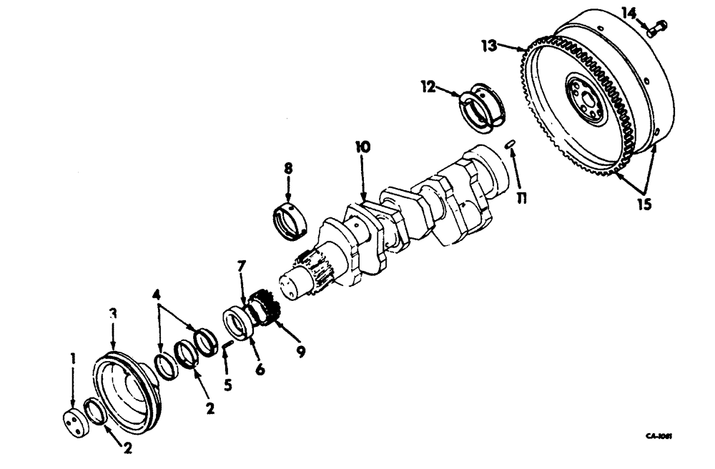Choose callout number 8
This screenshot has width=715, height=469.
(x=287, y=171)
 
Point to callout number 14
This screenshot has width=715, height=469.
(x=628, y=11)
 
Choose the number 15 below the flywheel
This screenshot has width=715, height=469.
(x=643, y=204)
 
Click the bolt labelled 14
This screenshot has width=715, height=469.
(x=656, y=29)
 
